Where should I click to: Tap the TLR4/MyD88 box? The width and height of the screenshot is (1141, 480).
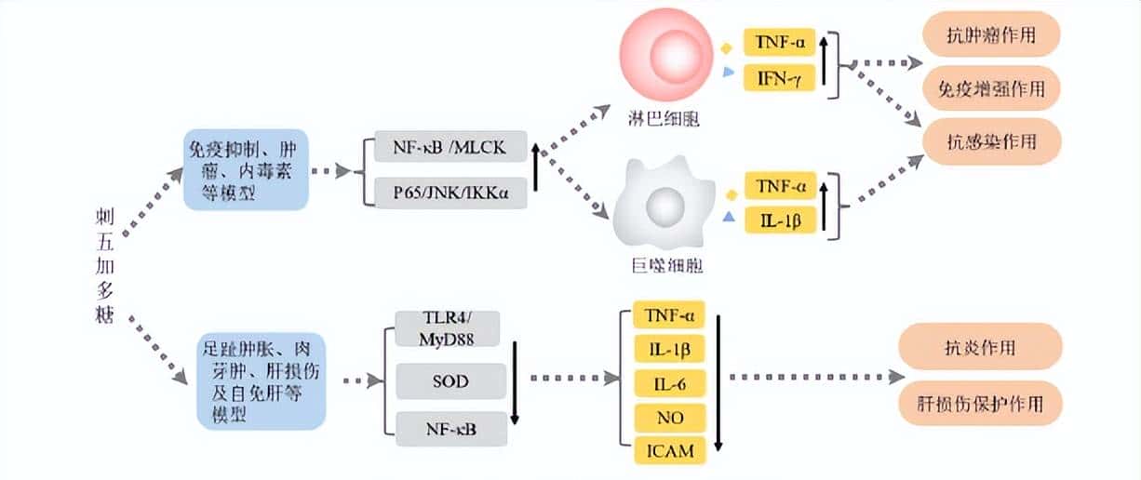point(448,329)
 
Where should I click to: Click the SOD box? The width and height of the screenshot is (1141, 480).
point(450,381)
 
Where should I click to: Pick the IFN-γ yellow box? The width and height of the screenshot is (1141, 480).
point(779,79)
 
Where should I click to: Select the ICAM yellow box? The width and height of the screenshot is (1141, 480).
point(667,450)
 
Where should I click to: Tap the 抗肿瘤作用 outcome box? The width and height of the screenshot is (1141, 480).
point(990,37)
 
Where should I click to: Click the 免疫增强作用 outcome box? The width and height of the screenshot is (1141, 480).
point(990,88)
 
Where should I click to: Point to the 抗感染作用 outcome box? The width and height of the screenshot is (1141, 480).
point(990,141)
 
